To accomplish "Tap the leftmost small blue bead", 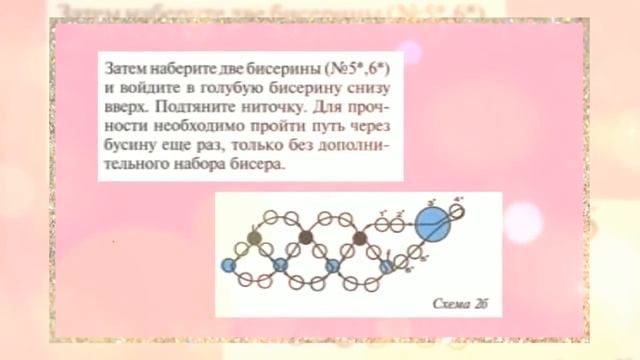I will [x=227, y=265].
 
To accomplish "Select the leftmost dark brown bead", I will [x=254, y=238].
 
